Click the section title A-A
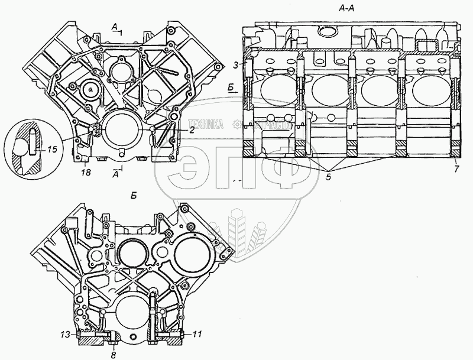tap(348, 8)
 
